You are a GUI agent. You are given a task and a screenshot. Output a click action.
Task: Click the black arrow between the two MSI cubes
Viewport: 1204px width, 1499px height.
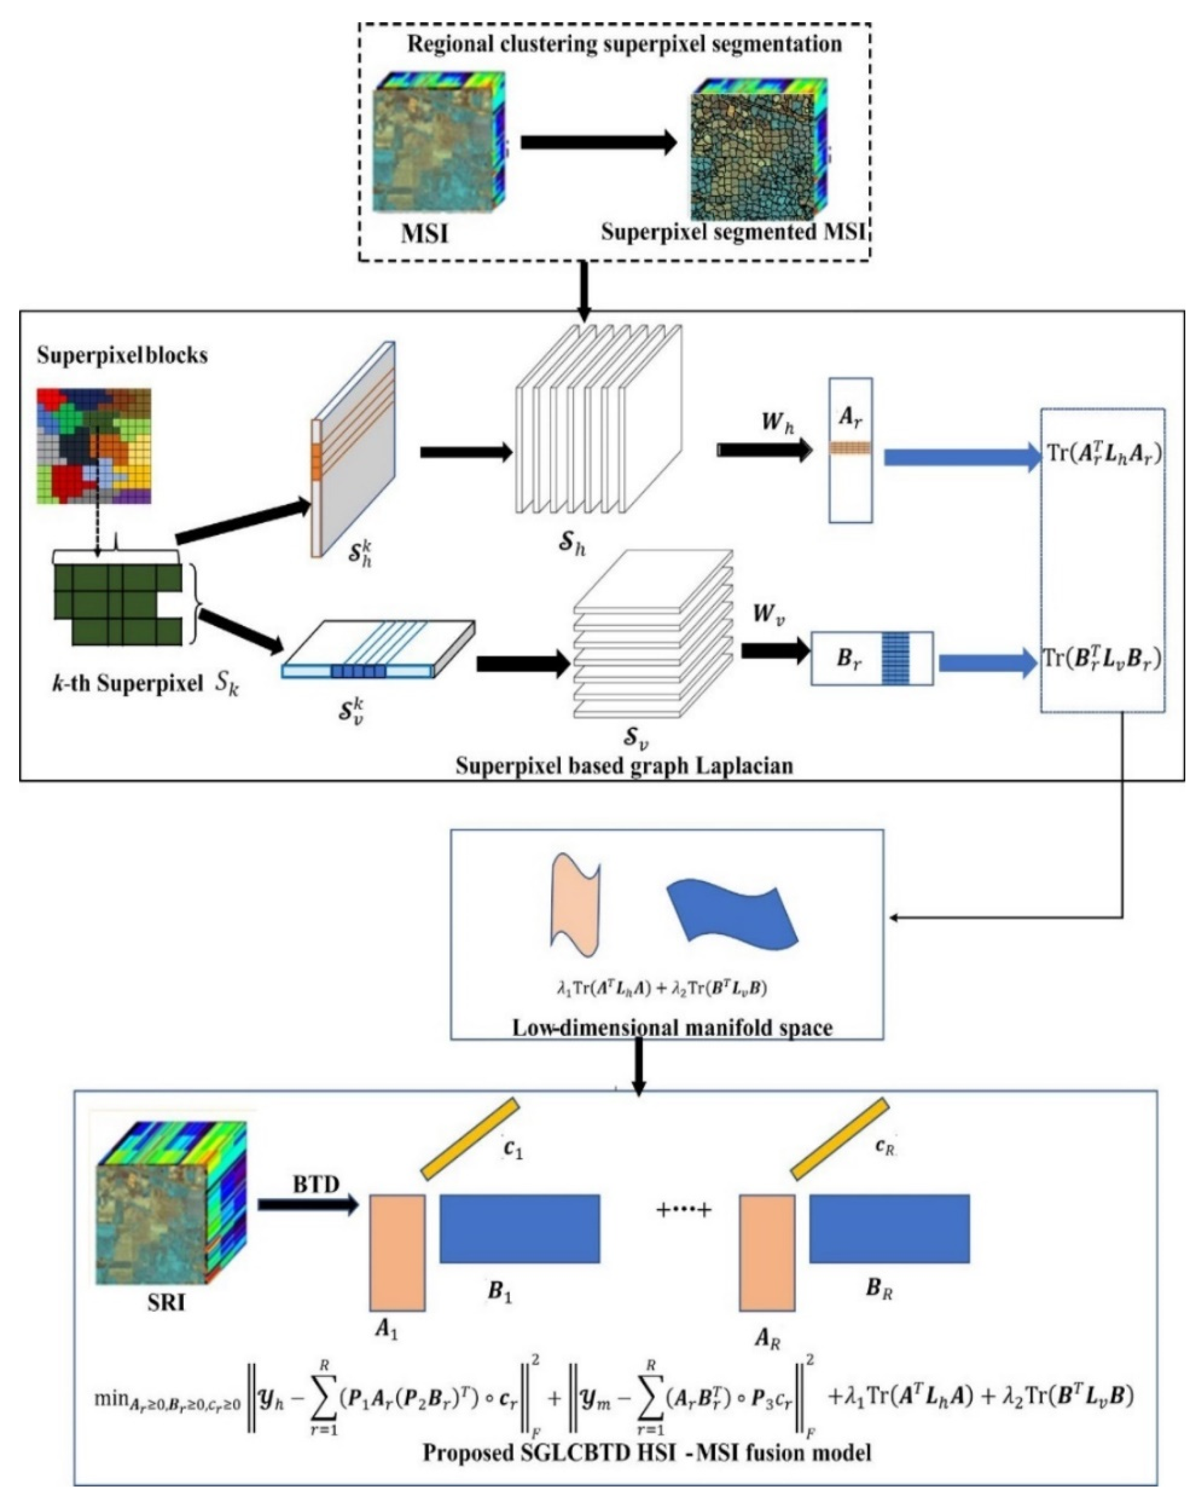coord(598,143)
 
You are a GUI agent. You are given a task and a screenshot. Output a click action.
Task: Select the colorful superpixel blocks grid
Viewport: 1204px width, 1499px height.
coord(94,445)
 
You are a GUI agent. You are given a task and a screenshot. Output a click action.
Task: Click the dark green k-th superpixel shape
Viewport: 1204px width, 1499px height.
coord(118,604)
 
